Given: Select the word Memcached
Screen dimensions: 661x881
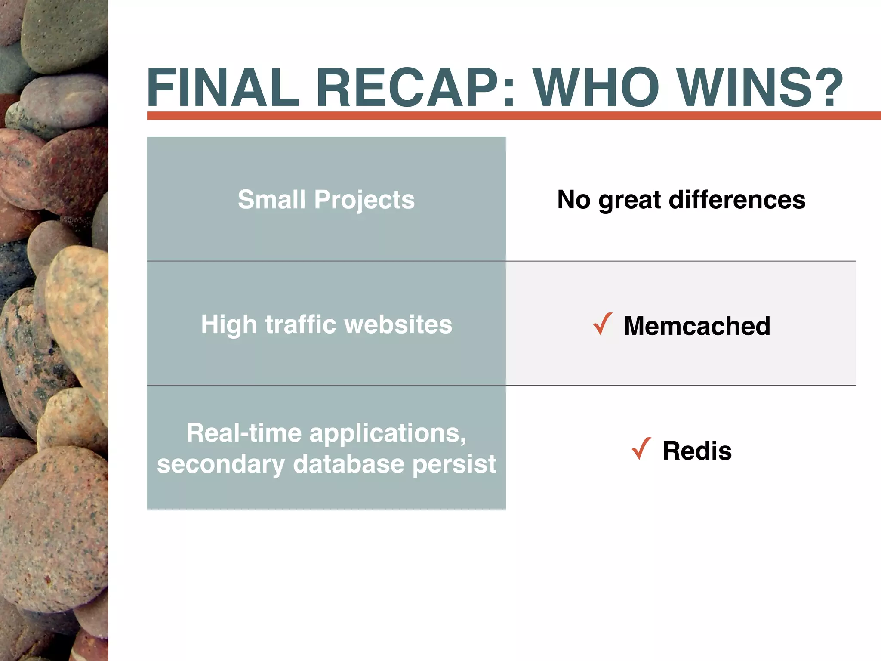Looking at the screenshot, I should click(x=697, y=326).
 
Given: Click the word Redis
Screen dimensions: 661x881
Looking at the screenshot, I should click(x=697, y=451).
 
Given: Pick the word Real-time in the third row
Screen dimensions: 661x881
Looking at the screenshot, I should click(x=244, y=433).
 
